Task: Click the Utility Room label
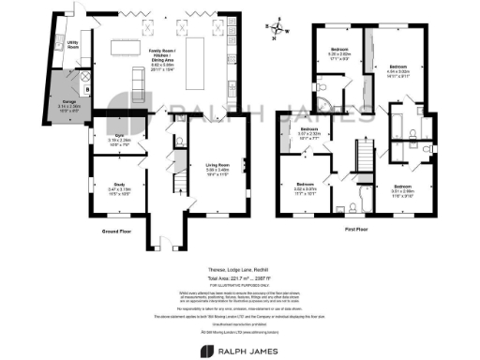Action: coord(70,44)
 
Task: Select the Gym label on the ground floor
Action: coord(105,141)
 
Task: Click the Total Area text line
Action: coord(239,280)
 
